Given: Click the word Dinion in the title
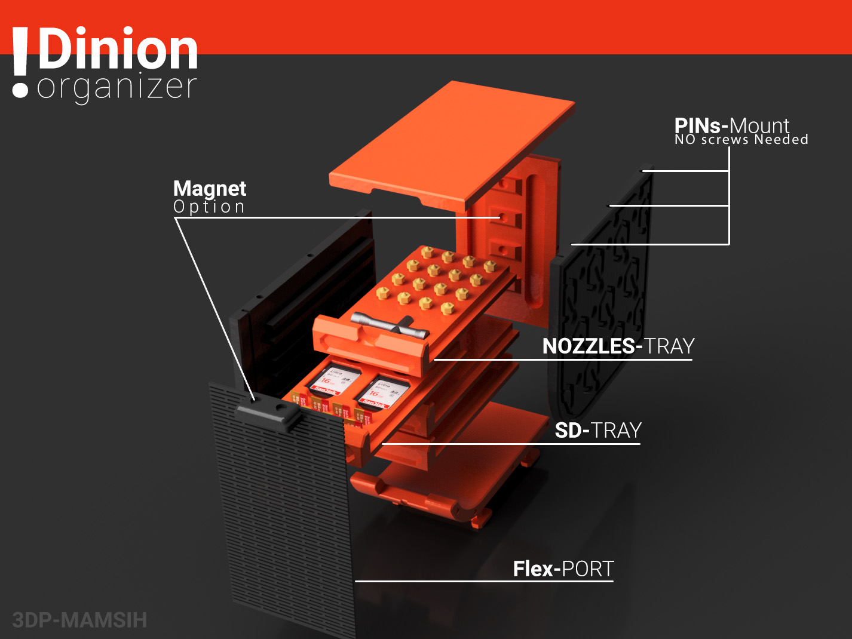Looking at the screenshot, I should click(x=118, y=50).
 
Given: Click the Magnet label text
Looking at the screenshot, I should click(x=209, y=189).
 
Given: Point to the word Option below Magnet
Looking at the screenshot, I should click(x=209, y=207).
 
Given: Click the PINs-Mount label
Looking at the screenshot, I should click(x=731, y=125).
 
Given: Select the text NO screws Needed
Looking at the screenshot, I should click(x=741, y=140).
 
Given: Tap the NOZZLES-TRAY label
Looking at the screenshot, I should click(x=618, y=346).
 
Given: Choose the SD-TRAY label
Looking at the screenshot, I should click(x=597, y=431).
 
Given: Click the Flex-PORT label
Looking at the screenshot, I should click(x=563, y=569).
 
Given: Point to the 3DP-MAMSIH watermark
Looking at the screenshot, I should click(x=79, y=620).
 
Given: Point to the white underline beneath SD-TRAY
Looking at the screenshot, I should click(x=511, y=444).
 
